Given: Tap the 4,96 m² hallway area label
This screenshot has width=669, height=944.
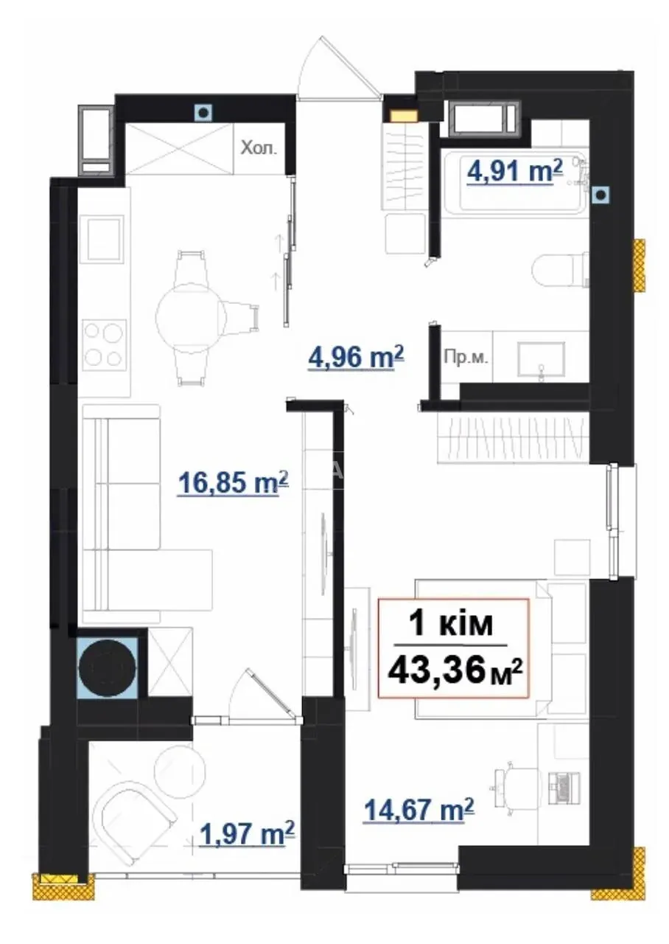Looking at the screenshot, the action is (356, 357).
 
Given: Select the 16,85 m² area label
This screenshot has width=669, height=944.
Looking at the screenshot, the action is (234, 482).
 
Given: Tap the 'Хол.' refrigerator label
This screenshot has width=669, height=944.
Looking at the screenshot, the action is (259, 148).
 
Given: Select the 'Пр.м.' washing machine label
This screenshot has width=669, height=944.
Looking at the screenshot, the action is (466, 358).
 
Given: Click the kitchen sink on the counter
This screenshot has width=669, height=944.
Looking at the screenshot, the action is (105, 239).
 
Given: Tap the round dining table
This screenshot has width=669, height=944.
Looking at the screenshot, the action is (191, 317).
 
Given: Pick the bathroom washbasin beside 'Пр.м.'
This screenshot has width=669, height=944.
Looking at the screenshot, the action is (541, 358).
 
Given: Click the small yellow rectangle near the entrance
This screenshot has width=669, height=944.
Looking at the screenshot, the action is (403, 116).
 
